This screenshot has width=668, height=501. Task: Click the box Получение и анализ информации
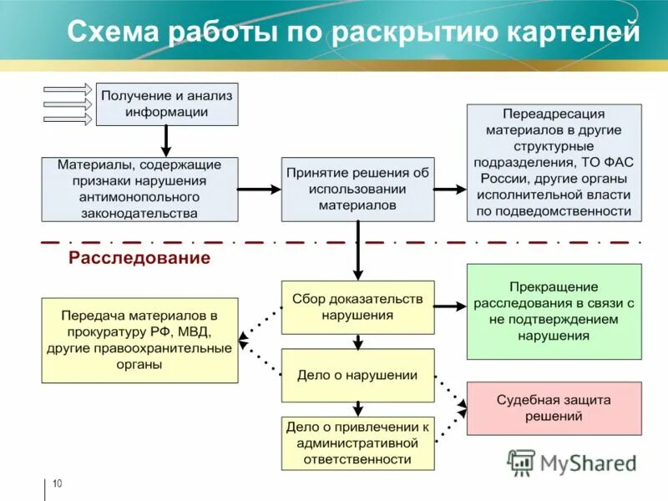click(167, 104)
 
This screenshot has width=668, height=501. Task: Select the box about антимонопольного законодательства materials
click(139, 189)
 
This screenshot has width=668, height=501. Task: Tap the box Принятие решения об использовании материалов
click(357, 189)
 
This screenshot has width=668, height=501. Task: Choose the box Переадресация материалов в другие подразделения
click(554, 162)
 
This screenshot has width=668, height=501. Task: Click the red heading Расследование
click(139, 258)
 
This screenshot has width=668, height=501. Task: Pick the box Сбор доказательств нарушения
click(357, 306)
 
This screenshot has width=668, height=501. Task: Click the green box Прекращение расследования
click(554, 311)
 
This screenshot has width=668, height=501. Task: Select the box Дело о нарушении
click(357, 375)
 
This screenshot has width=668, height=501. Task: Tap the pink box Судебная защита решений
click(554, 408)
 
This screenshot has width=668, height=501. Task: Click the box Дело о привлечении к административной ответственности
click(357, 443)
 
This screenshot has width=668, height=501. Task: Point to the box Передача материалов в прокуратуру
click(139, 340)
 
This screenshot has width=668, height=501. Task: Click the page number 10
click(57, 484)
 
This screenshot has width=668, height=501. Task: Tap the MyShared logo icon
click(522, 462)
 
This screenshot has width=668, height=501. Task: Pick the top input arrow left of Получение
click(68, 89)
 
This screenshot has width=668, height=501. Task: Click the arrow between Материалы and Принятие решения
click(258, 190)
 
